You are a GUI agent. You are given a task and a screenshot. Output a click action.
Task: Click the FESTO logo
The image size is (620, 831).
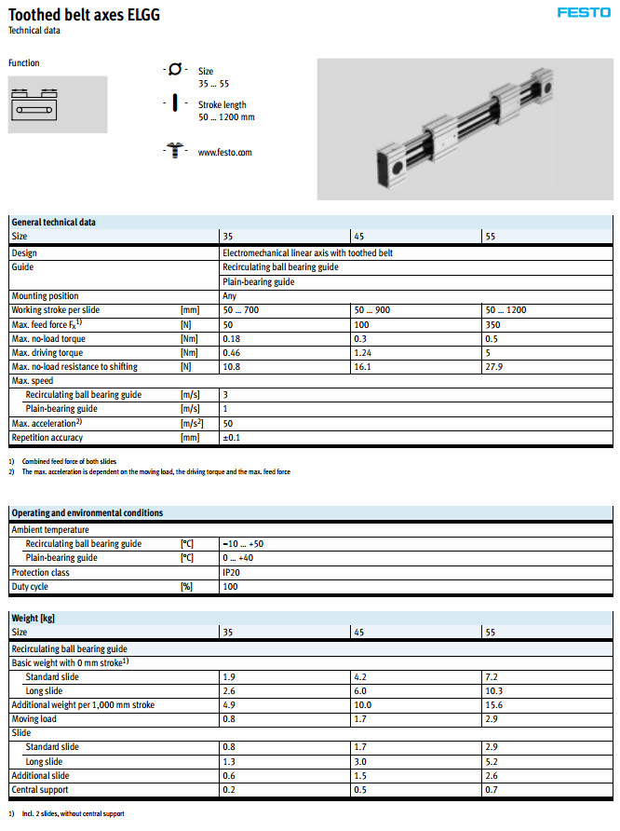coord(584,12)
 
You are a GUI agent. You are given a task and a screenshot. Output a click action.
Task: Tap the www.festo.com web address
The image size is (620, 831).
coord(224,152)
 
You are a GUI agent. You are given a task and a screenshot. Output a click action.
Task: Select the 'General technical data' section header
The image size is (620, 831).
coord(53,222)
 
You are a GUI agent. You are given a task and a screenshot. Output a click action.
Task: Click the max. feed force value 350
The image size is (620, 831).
coord(492,324)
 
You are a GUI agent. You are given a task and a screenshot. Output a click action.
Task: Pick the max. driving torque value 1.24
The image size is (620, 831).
coord(362,353)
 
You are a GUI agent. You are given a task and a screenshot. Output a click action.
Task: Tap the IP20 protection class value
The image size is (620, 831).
coord(231,572)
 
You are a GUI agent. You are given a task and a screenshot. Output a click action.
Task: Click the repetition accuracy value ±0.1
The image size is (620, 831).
coord(231,437)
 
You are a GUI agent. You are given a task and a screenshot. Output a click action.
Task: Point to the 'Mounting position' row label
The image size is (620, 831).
coord(45,295)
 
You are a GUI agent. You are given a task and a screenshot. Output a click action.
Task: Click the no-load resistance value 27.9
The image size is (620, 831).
coord(493,367)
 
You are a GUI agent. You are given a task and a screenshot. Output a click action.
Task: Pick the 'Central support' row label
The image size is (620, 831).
coord(40,790)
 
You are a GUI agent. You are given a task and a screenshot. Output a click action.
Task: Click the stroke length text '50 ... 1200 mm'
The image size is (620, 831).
coord(226,117)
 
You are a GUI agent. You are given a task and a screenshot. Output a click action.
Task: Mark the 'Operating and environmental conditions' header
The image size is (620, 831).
coord(87,512)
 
